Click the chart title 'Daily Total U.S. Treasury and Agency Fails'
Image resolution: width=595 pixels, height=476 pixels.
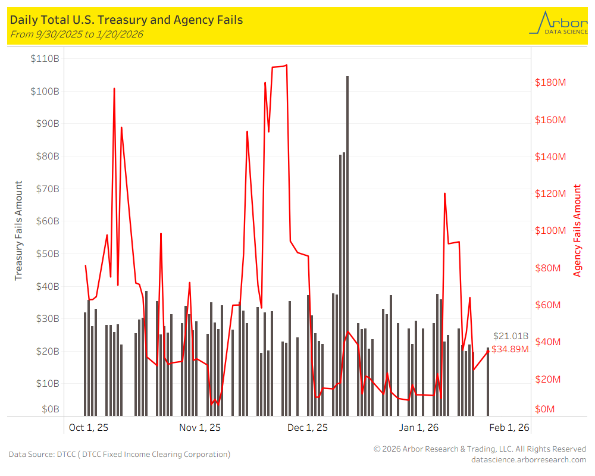tap(126, 20)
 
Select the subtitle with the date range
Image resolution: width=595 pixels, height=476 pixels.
tap(77, 34)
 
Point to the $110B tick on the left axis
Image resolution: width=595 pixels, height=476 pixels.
tap(45, 58)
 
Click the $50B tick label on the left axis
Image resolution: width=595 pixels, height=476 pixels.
tap(46, 253)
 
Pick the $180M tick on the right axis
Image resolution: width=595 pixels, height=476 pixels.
tap(550, 82)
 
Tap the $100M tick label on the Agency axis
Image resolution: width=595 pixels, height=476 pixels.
tap(550, 231)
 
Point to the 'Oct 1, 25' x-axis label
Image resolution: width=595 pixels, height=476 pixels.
tap(89, 427)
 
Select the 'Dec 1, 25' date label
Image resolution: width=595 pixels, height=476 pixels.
tap(307, 427)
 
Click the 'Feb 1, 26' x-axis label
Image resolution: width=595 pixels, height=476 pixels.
tap(509, 427)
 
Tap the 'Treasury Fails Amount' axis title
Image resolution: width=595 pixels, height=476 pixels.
tap(18, 230)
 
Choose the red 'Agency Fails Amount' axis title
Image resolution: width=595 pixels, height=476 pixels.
tap(577, 230)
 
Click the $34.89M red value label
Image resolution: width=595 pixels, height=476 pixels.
tap(510, 349)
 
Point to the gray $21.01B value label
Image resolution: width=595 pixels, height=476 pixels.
tap(511, 337)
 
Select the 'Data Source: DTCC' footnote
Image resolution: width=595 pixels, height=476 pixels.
tap(119, 454)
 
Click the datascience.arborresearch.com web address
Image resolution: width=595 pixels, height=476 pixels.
tap(528, 459)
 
